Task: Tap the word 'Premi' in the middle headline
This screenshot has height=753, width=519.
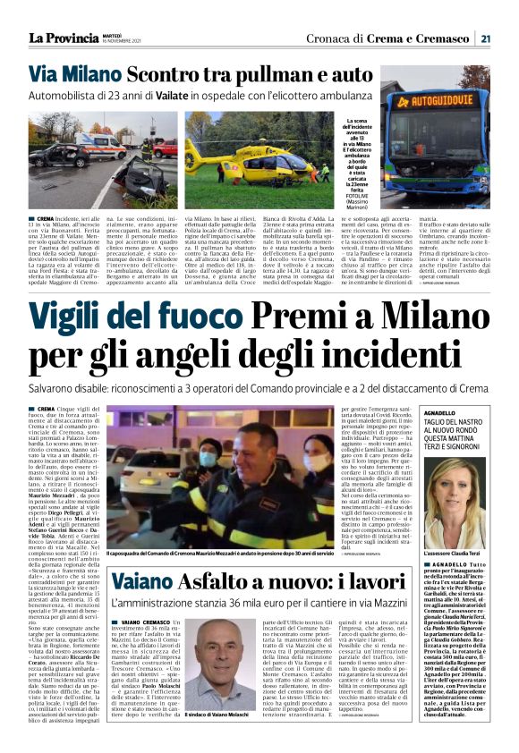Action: [318, 316]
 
